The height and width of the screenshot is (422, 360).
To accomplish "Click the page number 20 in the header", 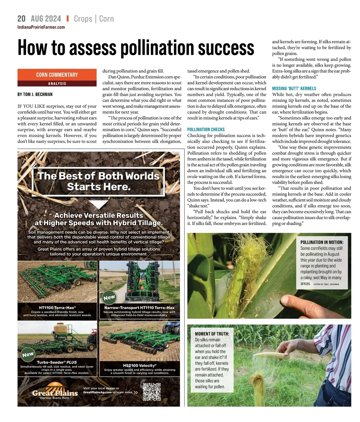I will coord(21,19).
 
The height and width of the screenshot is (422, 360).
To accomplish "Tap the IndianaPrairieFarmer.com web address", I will coord(41,27).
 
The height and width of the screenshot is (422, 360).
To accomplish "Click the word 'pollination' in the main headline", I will coord(157,48).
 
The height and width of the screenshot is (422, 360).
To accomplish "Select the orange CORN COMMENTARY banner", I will coord(57,75).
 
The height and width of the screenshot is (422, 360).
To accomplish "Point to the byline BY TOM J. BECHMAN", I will coord(35,94).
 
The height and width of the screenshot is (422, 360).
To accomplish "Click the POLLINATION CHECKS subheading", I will coord(206,129).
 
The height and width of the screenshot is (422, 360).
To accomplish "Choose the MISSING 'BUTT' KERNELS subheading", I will coord(294,89).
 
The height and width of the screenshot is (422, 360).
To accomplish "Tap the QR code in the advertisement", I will coord(151,392).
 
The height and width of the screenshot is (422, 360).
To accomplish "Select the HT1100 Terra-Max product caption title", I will coord(57,308).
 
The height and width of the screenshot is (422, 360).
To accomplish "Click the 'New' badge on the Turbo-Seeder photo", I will coord(28,354).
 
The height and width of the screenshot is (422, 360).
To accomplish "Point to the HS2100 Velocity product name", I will coord(139,366).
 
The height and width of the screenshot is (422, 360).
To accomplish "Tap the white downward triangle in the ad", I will coord(98,204).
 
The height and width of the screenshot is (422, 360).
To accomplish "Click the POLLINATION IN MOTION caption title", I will coord(322,242).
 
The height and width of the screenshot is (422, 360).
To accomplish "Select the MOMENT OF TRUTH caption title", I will coord(212,334).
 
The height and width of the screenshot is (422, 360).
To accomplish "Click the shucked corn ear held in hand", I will coord(273,357).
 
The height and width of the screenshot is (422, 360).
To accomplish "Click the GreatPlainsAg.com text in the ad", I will coord(97,392).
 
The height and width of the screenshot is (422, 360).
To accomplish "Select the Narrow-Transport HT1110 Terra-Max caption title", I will coord(139,308).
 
